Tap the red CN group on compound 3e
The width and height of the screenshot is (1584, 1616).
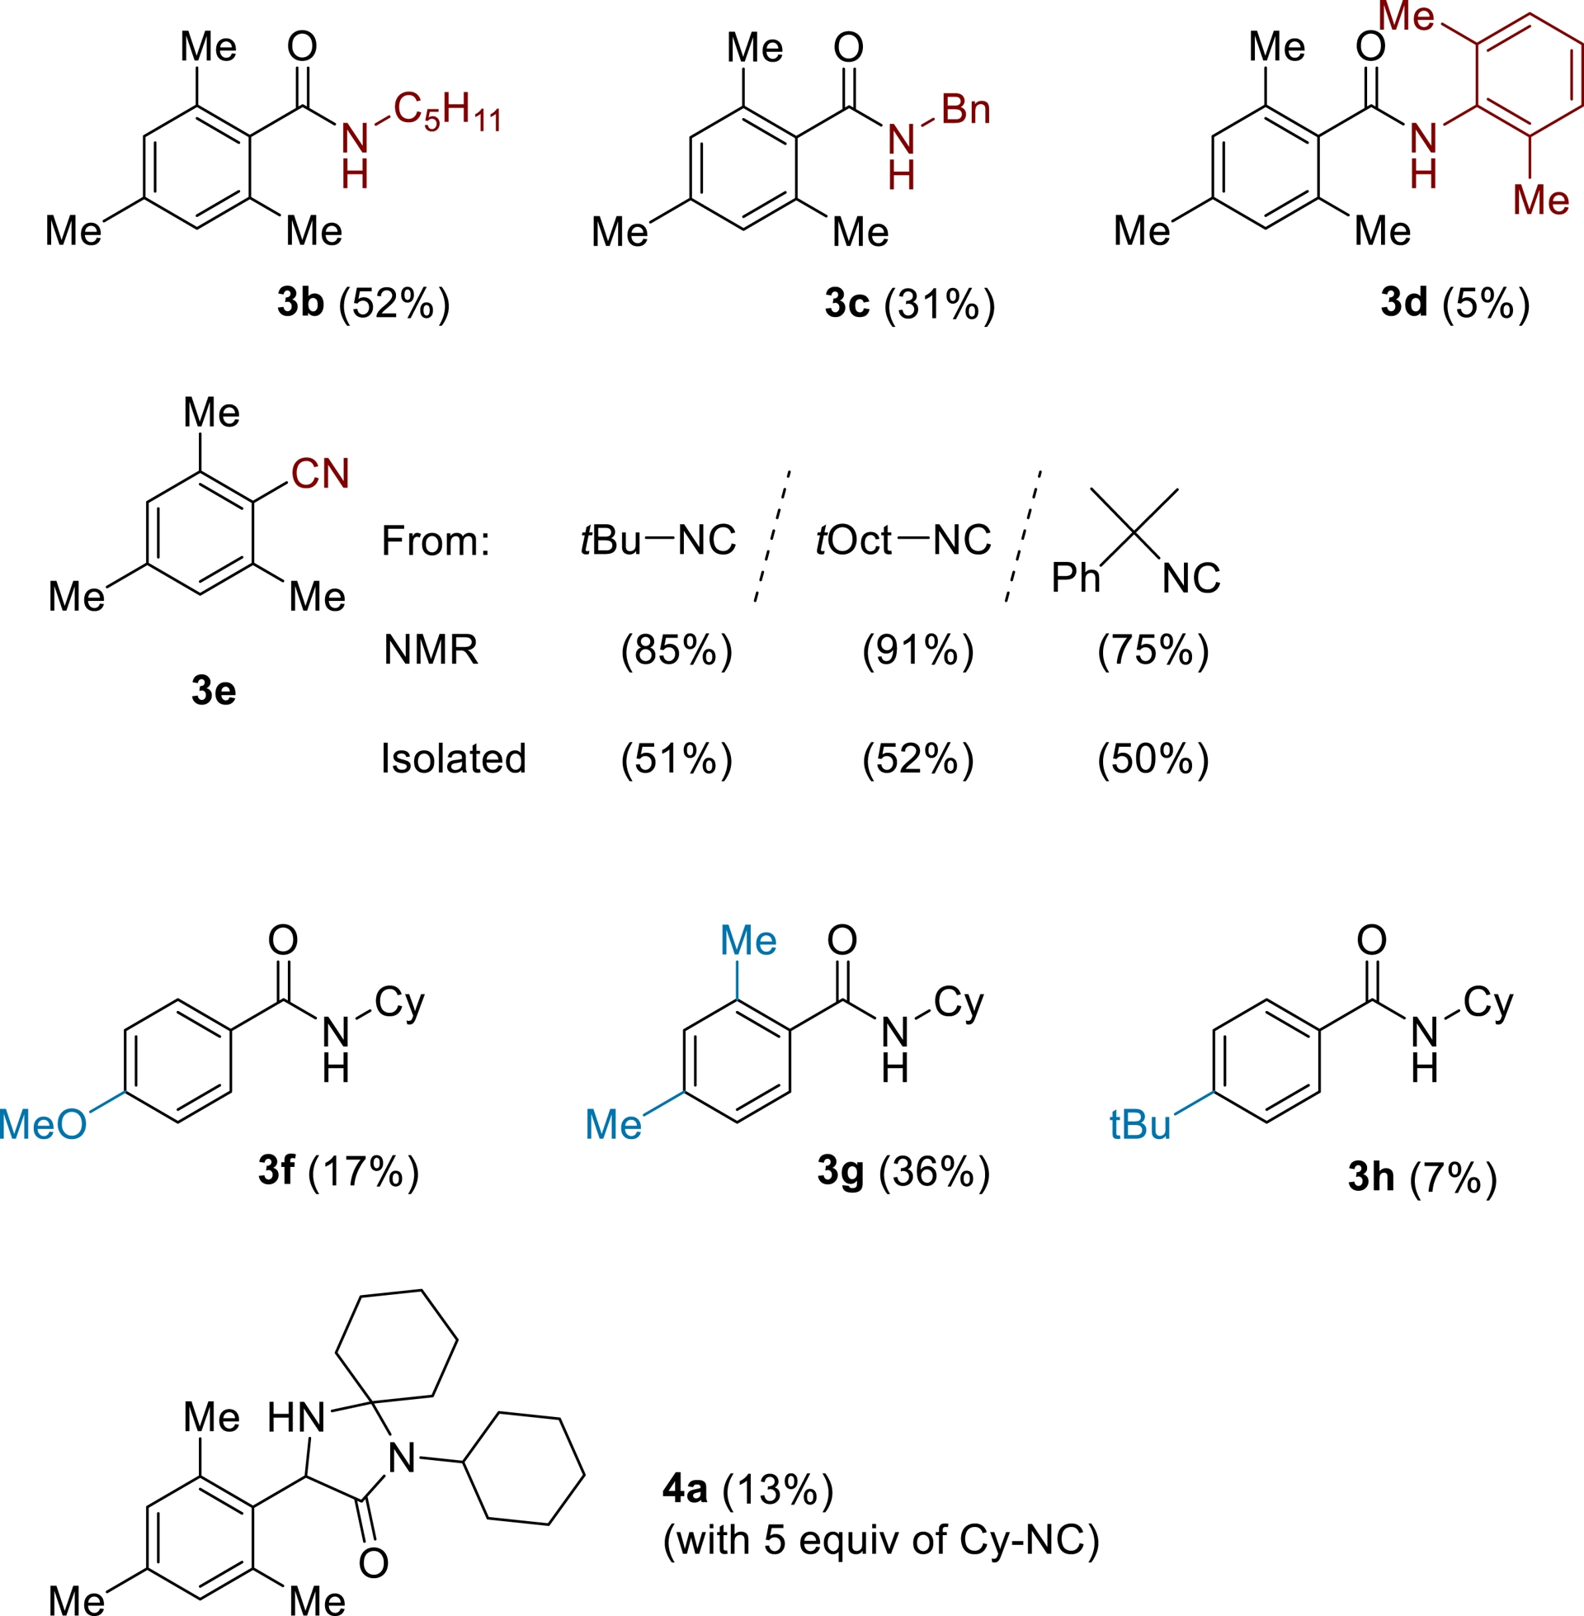pos(320,474)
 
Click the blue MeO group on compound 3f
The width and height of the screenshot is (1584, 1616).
pos(43,1125)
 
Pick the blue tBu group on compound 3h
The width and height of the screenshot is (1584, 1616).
pos(1140,1125)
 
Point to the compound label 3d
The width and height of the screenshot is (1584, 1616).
pos(1403,302)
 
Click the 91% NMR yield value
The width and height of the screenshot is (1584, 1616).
pos(917,650)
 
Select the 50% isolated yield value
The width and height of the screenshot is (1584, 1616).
pos(1153,759)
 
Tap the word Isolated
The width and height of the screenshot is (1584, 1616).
pos(454,759)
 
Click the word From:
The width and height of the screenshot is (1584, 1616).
pos(436,541)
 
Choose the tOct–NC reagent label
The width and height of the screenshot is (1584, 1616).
pos(903,541)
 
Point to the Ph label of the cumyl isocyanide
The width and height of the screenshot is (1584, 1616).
pos(1075,578)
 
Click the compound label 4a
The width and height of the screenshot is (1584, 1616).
pos(685,1489)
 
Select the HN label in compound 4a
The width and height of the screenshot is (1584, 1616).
pos(296,1417)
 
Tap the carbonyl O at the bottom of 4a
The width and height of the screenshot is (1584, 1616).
pos(374,1562)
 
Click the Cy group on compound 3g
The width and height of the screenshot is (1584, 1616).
pos(959,1003)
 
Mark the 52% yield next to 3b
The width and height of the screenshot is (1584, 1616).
pos(394,303)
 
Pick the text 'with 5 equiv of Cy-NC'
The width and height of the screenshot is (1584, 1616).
pos(881,1540)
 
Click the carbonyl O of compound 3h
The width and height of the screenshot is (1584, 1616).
pos(1372,939)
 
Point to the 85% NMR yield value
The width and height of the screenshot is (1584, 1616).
pos(676,650)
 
